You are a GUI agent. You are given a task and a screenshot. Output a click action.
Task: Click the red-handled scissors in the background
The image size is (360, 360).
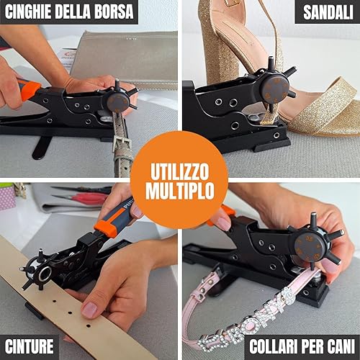pos(90,197)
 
